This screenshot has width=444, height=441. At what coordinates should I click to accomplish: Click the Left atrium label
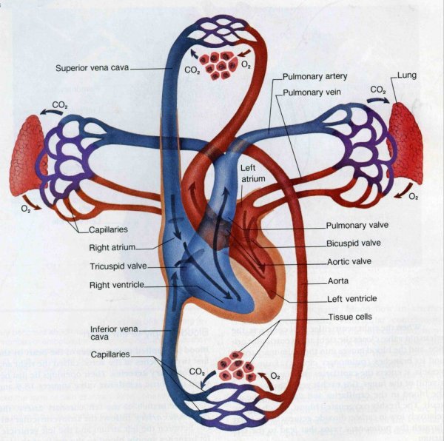(x=249, y=173)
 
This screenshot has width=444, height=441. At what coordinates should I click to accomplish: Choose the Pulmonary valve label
(x=357, y=226)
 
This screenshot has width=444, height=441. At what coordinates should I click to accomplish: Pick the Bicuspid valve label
(x=354, y=243)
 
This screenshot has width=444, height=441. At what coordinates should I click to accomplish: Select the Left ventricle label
(x=351, y=299)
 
